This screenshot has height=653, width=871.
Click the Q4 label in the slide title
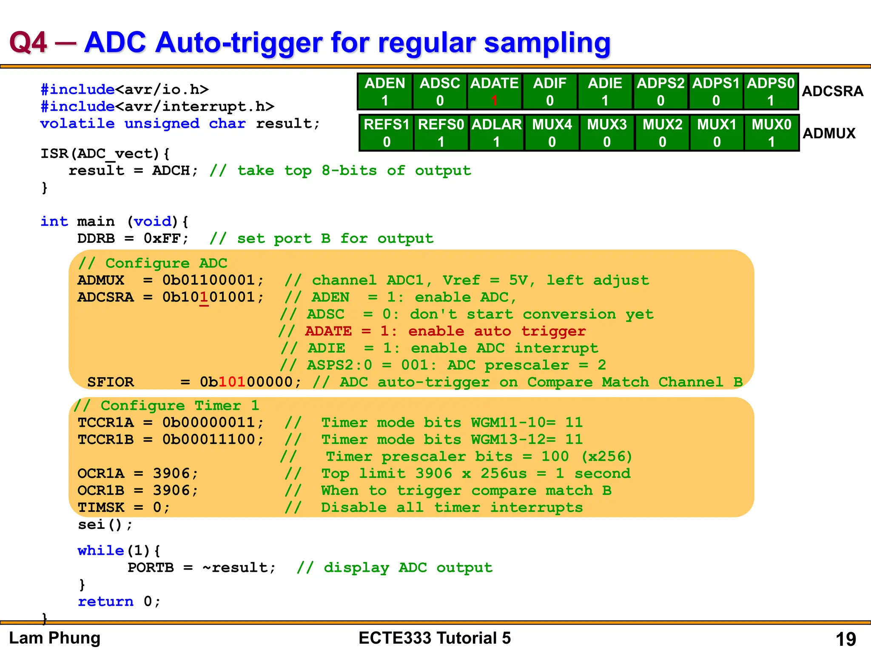tap(28, 43)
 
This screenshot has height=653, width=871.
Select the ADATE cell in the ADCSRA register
tap(494, 91)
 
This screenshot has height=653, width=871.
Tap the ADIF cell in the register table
tap(549, 91)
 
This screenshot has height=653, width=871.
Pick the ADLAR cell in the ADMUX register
tap(496, 133)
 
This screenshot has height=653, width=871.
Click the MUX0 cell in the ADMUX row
tap(771, 133)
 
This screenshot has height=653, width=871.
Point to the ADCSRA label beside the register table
tap(832, 91)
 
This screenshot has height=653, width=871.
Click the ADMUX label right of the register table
tap(829, 133)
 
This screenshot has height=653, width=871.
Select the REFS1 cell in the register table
tap(386, 133)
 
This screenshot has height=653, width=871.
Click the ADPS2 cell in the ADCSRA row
tap(660, 91)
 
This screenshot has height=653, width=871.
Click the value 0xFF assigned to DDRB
tap(162, 238)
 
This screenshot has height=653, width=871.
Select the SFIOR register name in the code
tap(111, 382)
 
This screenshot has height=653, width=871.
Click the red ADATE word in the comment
tap(328, 331)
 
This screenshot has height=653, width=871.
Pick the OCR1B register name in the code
tap(101, 490)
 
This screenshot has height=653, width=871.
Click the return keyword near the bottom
tap(105, 602)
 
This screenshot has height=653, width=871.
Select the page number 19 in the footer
tap(845, 639)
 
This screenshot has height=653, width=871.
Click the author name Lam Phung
tap(55, 638)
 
